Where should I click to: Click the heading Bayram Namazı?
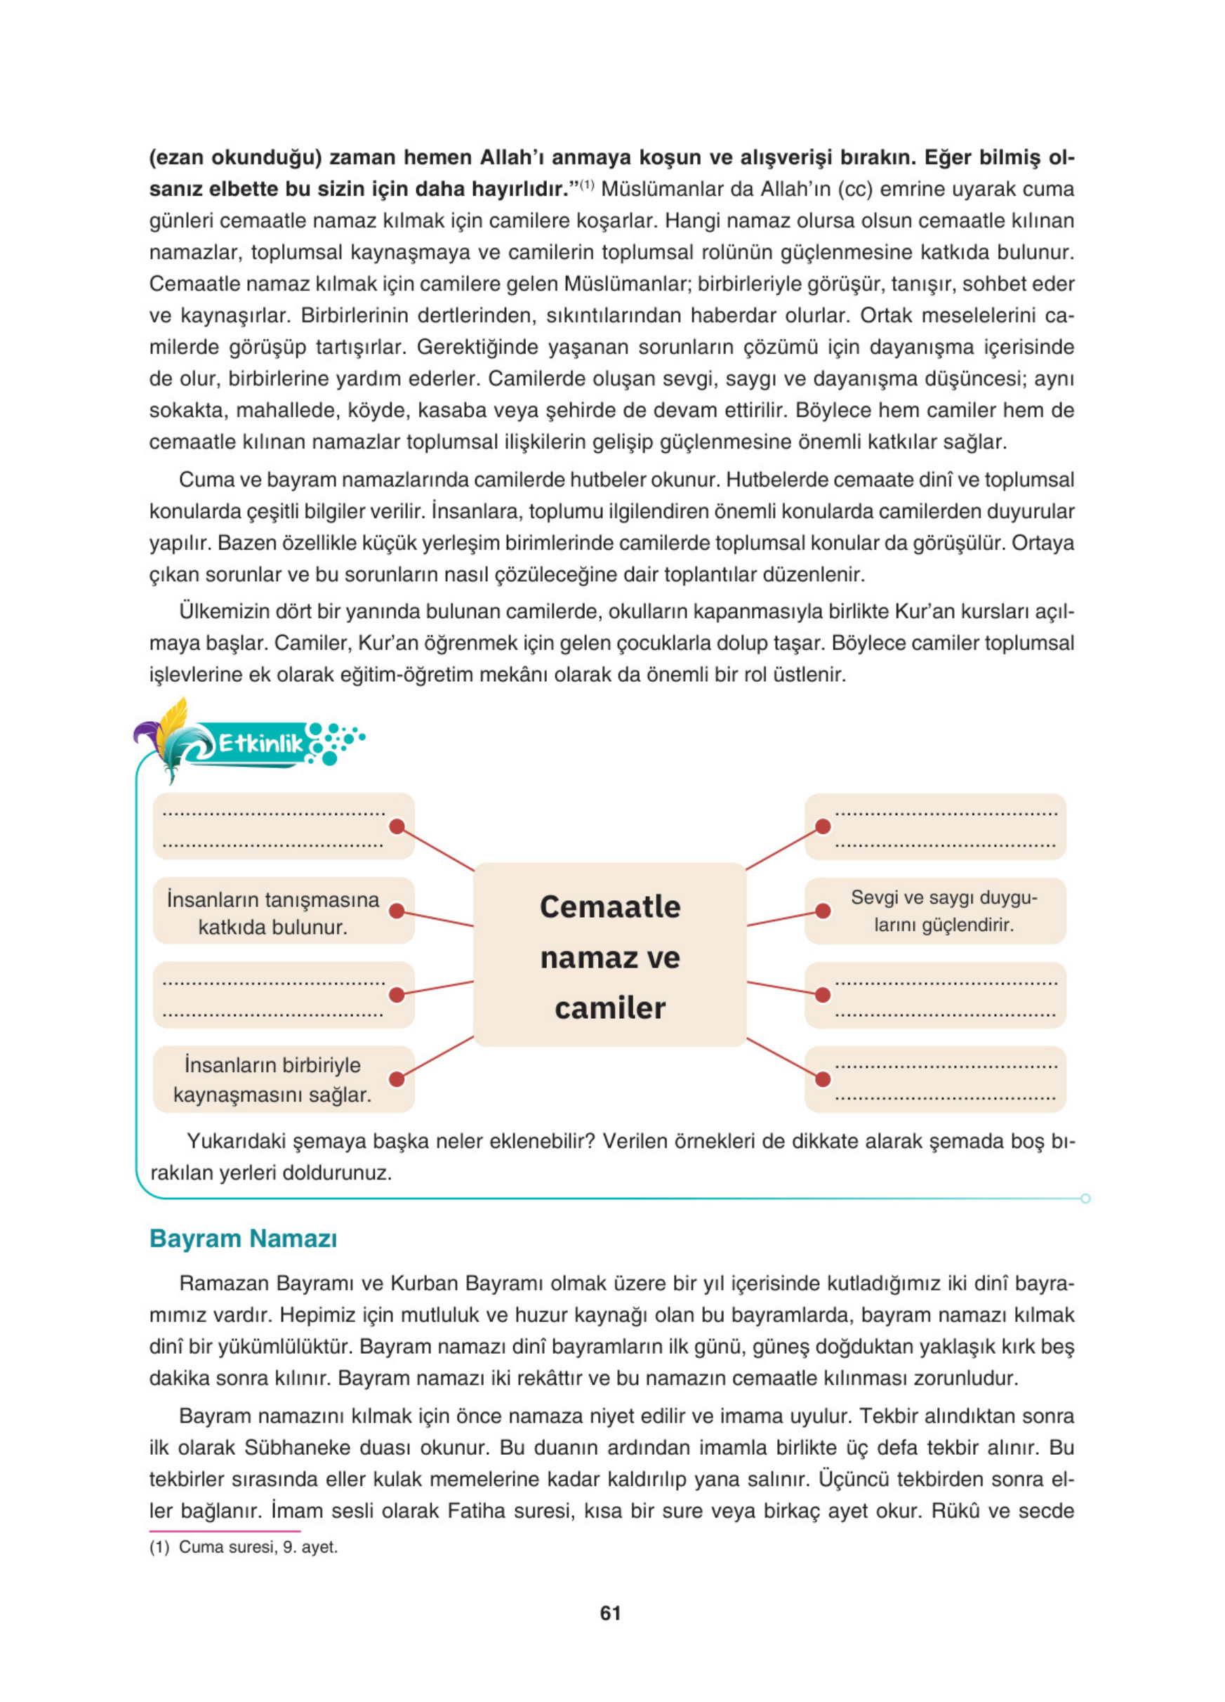(243, 1237)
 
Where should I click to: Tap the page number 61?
(611, 1613)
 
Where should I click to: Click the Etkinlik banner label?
(260, 744)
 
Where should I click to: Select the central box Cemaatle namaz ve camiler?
(610, 954)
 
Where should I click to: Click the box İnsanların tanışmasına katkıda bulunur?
(273, 912)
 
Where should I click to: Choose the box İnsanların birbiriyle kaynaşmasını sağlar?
(273, 1079)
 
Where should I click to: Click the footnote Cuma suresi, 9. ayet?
(258, 1547)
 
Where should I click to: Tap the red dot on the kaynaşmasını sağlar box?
(397, 1079)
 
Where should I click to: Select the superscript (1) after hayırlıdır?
(587, 185)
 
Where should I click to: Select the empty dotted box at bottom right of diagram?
(943, 1079)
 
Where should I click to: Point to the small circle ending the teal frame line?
(1085, 1198)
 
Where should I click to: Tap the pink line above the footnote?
(225, 1530)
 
